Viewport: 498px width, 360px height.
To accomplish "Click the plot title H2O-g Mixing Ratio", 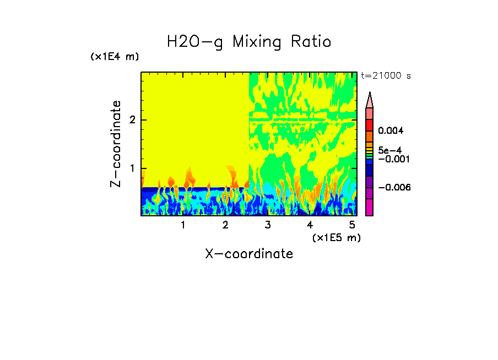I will coord(249,42).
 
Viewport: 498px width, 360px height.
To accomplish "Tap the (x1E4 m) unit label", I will coord(115,57).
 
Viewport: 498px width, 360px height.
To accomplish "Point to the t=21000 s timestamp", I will coord(386,76).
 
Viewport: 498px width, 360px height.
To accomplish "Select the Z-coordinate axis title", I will coord(116,144).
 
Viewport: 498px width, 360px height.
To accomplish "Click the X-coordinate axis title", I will coord(249,254).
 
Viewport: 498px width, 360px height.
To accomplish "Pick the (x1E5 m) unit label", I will coord(336,237).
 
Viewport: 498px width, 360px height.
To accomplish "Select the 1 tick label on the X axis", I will coord(183,225).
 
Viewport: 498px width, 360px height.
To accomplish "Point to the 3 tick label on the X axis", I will coord(268,225).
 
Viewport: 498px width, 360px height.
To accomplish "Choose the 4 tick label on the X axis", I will coord(310,225).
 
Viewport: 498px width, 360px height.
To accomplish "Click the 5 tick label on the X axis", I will coord(352,225).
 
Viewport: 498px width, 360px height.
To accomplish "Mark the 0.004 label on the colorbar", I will coord(391,131).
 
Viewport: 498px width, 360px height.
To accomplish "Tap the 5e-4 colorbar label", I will coord(389,150).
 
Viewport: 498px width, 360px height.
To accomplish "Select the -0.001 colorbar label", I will coord(392,159).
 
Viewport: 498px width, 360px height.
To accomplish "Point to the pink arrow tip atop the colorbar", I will coord(370,100).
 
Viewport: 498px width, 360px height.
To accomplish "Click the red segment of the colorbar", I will coord(370,125).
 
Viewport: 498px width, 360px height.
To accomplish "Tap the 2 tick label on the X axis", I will coord(225,225).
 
